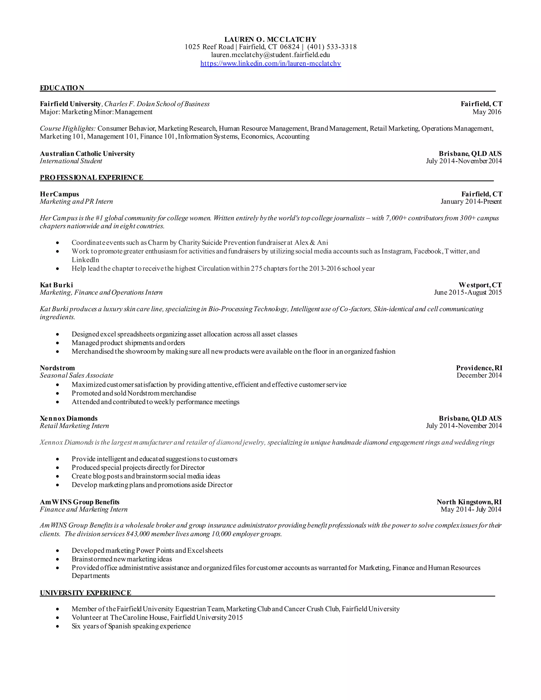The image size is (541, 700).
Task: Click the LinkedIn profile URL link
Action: [270, 63]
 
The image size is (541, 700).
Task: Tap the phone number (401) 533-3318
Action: [332, 47]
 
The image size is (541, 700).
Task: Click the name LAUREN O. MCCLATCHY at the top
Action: [270, 39]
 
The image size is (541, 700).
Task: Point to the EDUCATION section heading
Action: [62, 88]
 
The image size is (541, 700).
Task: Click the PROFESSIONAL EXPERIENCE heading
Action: [91, 178]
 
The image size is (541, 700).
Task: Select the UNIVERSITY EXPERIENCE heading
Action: [85, 593]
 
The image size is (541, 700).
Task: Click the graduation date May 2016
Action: [487, 112]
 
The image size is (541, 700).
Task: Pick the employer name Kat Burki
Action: [57, 285]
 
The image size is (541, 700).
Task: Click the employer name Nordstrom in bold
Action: [57, 368]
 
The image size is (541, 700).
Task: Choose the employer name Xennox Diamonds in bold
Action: [69, 418]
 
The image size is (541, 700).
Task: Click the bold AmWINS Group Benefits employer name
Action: [80, 502]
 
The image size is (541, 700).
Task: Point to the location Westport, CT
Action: [480, 285]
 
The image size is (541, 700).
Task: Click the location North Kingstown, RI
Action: [469, 502]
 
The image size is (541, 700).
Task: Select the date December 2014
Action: [479, 375]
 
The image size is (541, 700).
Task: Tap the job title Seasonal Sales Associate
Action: [77, 375]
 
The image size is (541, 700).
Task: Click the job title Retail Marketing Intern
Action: [74, 426]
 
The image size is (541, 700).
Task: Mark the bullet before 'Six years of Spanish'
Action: [57, 626]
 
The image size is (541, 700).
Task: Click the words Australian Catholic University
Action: [87, 154]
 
